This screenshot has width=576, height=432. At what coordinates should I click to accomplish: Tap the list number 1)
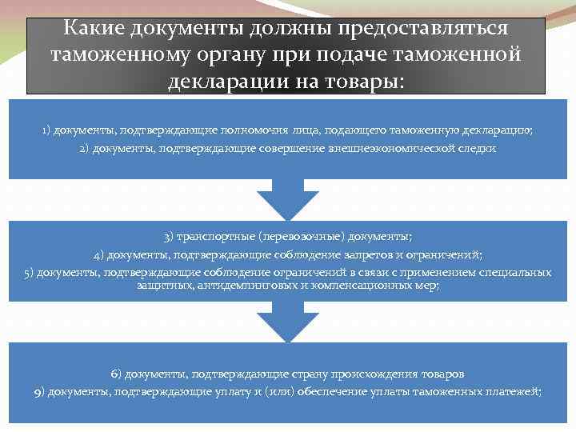click(48, 130)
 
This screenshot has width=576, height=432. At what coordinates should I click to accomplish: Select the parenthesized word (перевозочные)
click(297, 237)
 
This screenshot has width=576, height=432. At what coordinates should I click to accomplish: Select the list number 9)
click(40, 391)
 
